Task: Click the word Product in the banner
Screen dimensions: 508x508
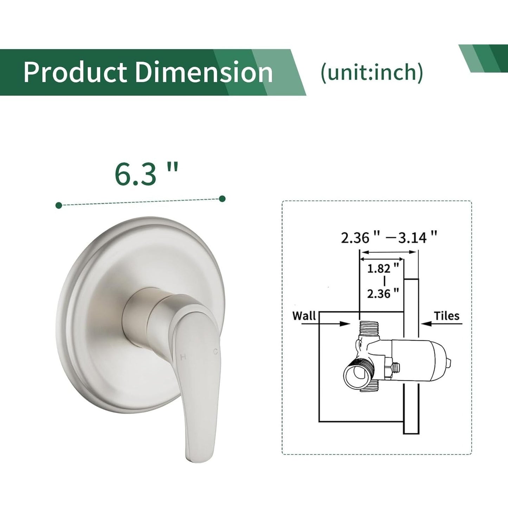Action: [75, 72]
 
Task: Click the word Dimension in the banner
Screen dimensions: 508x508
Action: [204, 72]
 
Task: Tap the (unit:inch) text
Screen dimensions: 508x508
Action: [372, 72]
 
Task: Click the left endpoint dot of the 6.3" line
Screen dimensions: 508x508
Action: [59, 205]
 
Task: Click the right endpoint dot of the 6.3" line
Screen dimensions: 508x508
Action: [222, 199]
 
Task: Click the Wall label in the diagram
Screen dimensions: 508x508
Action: [304, 316]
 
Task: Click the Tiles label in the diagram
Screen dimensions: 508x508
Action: [446, 316]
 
